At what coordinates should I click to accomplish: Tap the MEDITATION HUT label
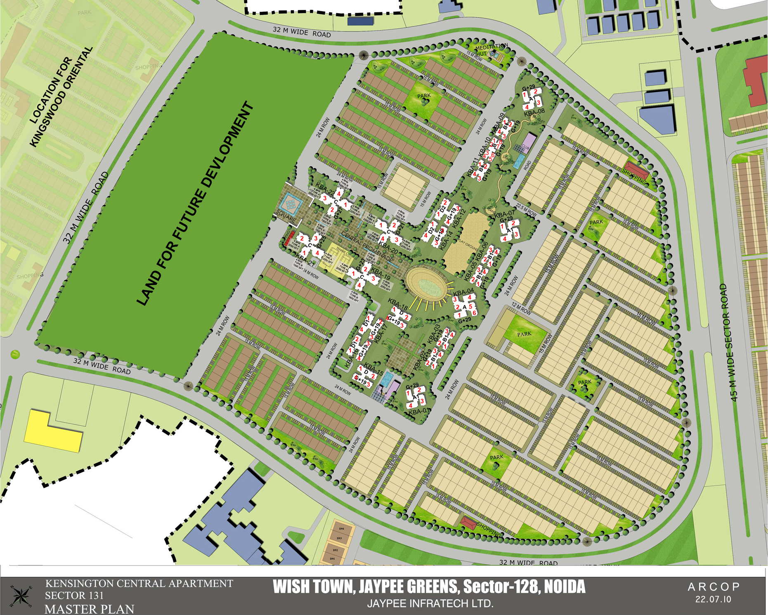point(491,49)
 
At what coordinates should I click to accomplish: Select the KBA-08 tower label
point(534,111)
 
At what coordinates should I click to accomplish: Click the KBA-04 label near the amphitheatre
point(463,292)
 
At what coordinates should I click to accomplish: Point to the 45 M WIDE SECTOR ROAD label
point(729,342)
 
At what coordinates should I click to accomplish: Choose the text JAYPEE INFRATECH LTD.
point(430,603)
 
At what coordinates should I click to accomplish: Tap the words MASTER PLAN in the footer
point(89,609)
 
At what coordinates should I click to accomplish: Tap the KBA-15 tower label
point(374,370)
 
